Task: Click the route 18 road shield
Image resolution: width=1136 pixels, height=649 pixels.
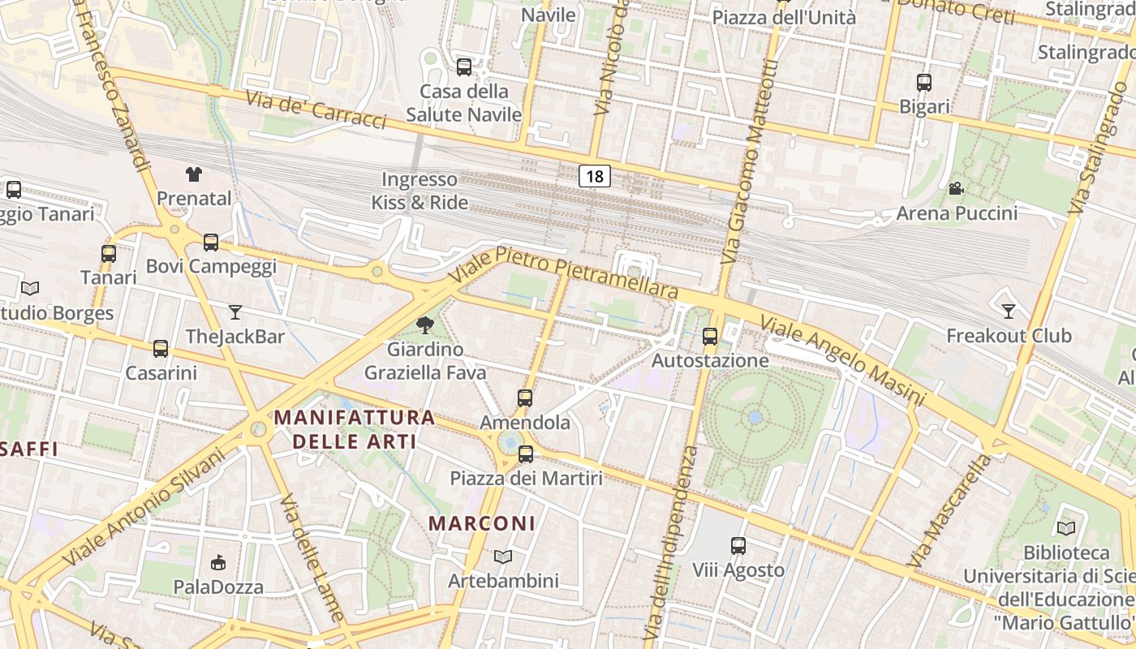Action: pyautogui.click(x=595, y=176)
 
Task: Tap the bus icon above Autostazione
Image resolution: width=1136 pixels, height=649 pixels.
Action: pyautogui.click(x=710, y=336)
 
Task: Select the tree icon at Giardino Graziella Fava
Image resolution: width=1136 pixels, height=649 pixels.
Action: pyautogui.click(x=424, y=326)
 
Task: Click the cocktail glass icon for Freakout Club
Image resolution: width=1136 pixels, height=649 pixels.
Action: pyautogui.click(x=1009, y=311)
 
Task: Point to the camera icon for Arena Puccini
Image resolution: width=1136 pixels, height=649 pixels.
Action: pyautogui.click(x=957, y=189)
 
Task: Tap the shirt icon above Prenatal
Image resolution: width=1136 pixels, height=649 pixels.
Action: pyautogui.click(x=193, y=174)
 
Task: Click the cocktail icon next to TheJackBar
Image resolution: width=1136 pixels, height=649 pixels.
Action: pyautogui.click(x=235, y=312)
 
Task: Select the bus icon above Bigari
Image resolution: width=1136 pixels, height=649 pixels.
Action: pyautogui.click(x=924, y=82)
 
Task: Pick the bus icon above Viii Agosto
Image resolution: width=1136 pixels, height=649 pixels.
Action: pyautogui.click(x=738, y=546)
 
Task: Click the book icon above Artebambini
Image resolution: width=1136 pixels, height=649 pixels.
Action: pyautogui.click(x=503, y=557)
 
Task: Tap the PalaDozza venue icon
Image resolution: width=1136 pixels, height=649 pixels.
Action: pyautogui.click(x=217, y=562)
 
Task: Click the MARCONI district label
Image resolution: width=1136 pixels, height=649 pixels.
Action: pyautogui.click(x=482, y=523)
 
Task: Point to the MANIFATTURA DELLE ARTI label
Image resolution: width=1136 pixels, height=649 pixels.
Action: pyautogui.click(x=355, y=429)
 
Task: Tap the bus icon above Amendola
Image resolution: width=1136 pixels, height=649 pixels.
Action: pyautogui.click(x=525, y=398)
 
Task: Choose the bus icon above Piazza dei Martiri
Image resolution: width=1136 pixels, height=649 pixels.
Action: pyautogui.click(x=526, y=454)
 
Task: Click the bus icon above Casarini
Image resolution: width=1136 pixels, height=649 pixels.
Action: pyautogui.click(x=161, y=349)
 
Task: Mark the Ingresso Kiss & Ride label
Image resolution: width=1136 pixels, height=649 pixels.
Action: pyautogui.click(x=420, y=191)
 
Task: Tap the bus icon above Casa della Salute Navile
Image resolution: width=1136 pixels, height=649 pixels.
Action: pyautogui.click(x=464, y=67)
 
